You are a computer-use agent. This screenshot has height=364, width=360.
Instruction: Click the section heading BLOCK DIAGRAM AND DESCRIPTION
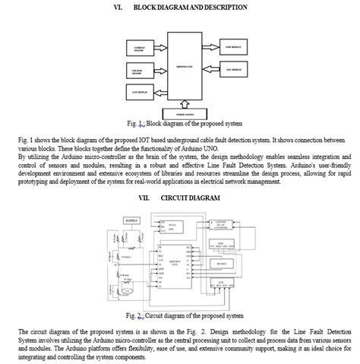coord(190,7)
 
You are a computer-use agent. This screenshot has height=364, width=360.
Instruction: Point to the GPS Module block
coord(234,69)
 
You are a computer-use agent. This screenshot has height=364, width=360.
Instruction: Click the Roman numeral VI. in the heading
coord(118,7)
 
